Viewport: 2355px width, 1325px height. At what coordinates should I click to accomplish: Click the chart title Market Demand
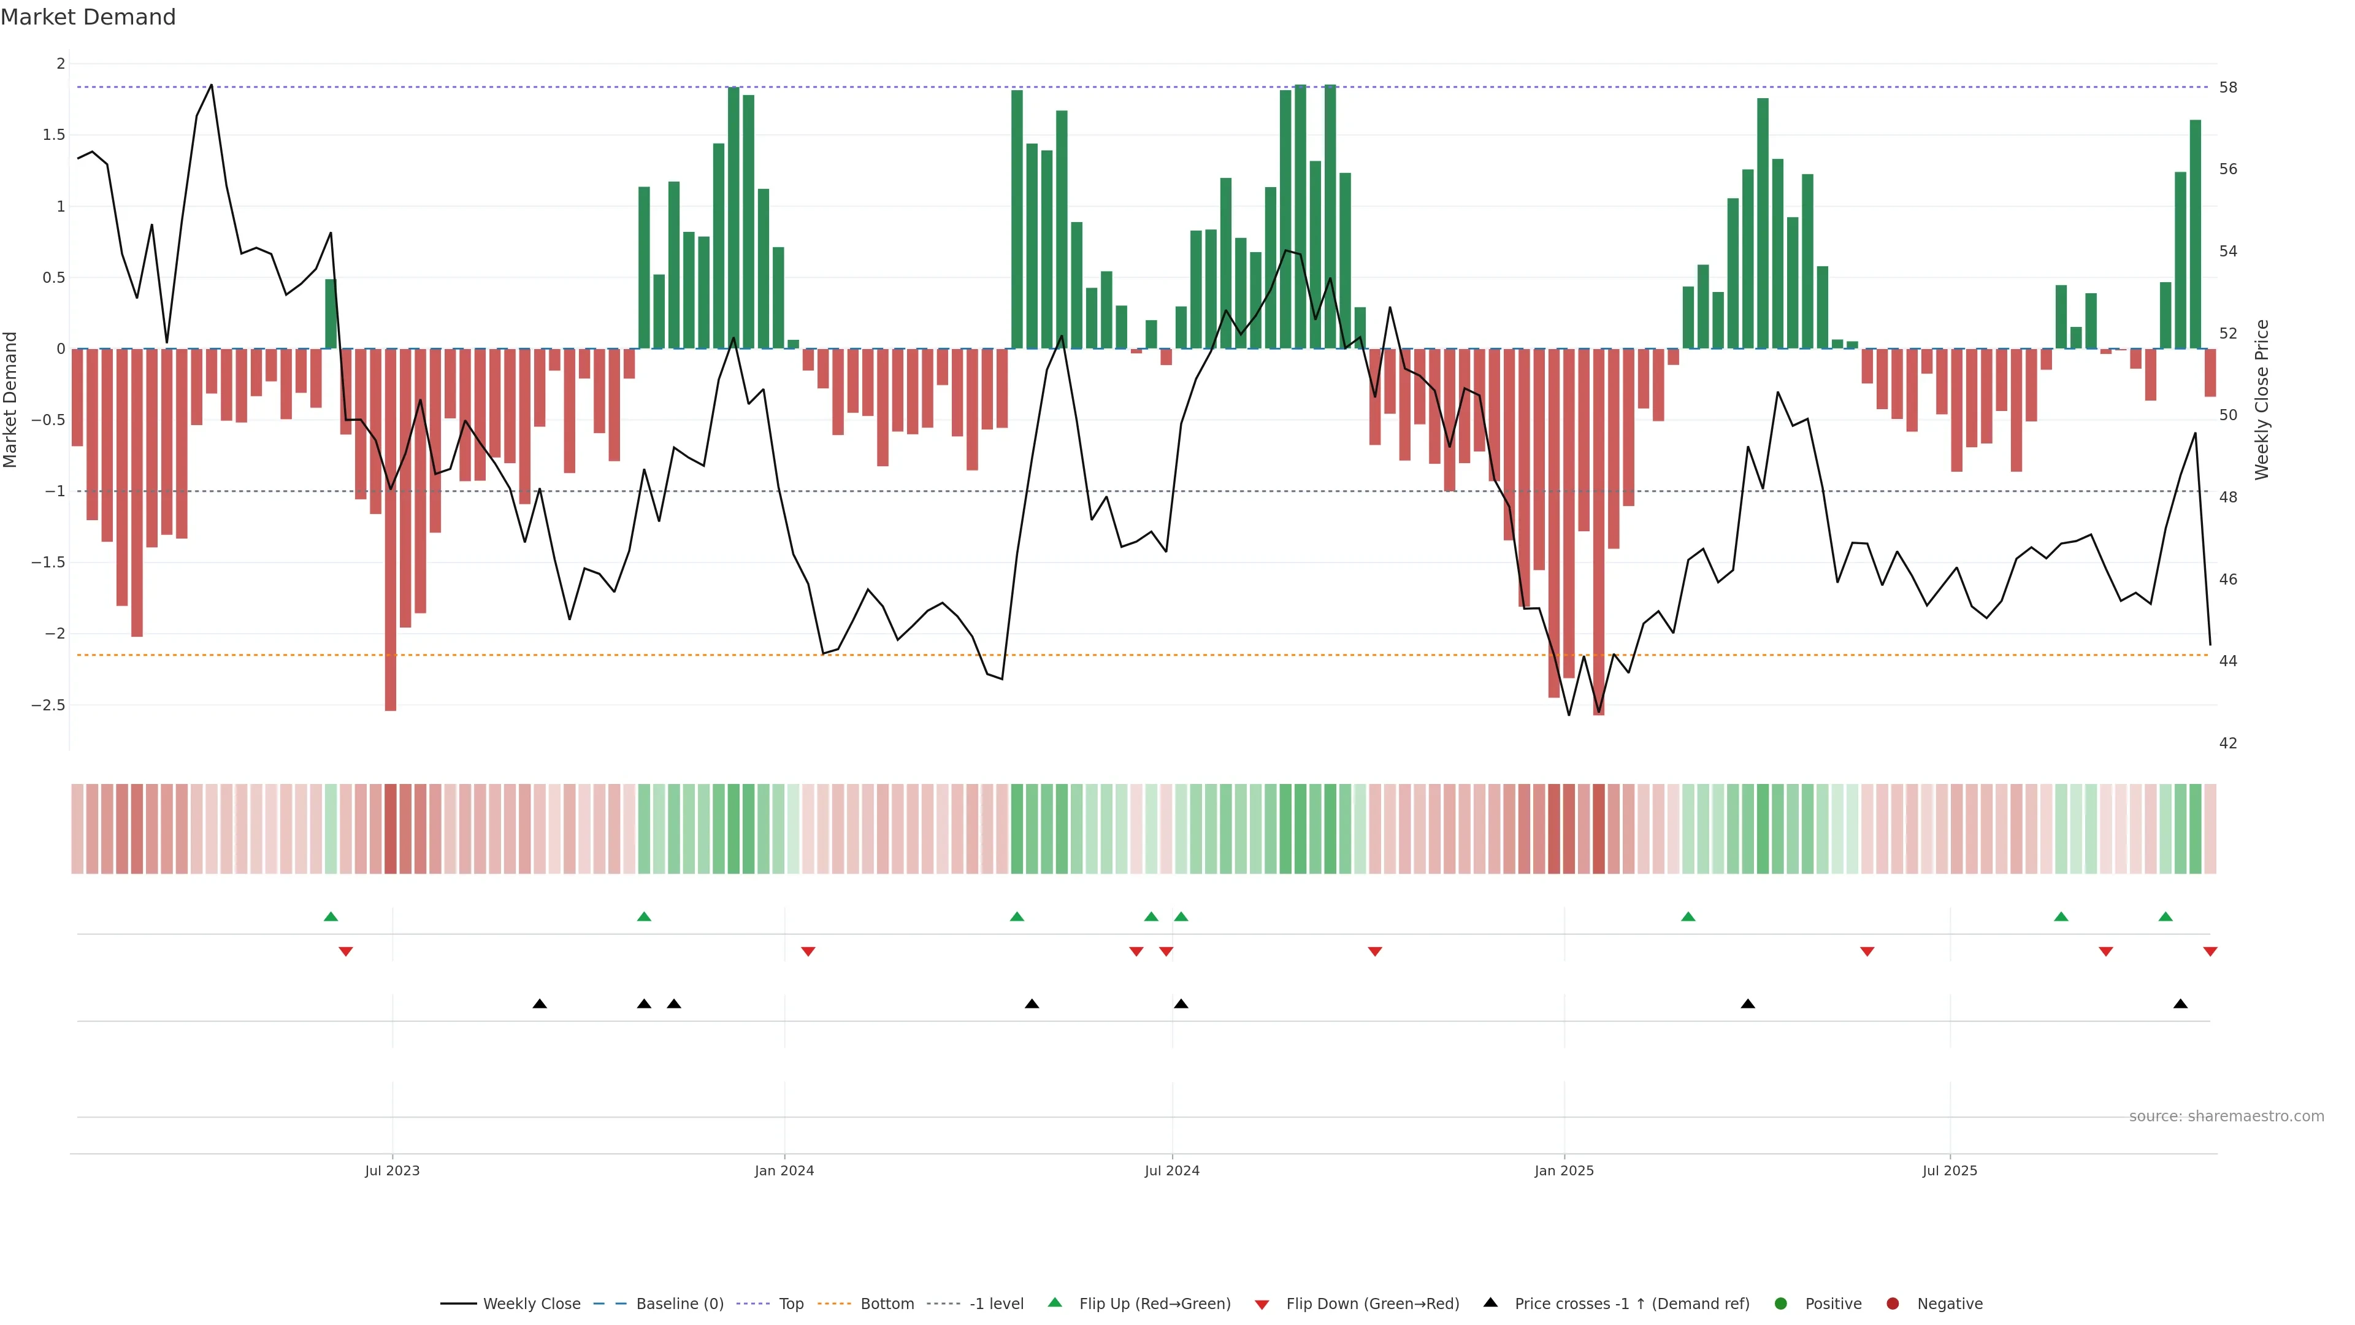point(88,17)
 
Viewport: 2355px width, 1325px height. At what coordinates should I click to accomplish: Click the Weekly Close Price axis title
point(2262,399)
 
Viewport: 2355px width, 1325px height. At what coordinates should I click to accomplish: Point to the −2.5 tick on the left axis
point(48,705)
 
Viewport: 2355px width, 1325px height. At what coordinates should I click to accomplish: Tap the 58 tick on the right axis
point(2228,88)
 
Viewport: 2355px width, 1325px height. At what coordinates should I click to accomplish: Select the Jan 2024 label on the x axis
point(784,1170)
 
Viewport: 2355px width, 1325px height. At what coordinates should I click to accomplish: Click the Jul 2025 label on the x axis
point(1949,1170)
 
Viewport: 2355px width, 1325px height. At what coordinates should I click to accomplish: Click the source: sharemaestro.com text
point(2226,1116)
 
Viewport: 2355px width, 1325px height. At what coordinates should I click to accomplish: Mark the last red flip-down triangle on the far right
point(2210,952)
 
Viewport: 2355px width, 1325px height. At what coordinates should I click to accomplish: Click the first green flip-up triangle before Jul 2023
point(331,916)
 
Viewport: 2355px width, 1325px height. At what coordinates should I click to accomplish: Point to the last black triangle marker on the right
point(2180,1004)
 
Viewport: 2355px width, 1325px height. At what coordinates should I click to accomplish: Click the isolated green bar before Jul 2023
point(331,313)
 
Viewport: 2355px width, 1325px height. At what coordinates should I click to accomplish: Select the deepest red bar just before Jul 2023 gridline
point(391,531)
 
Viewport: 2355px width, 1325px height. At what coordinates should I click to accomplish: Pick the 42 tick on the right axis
point(2228,743)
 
